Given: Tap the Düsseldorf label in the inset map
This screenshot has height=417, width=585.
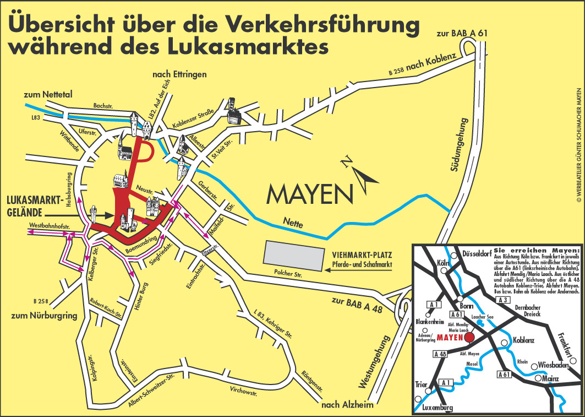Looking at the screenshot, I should click(476, 255).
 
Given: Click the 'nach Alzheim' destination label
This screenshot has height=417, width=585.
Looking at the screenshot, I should click(347, 405).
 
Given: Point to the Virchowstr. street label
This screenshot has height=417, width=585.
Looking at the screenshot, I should click(244, 392).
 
